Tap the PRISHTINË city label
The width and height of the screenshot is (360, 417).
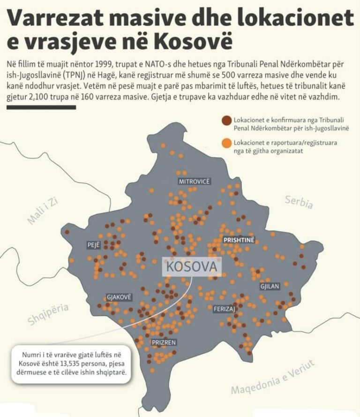(x=239, y=240)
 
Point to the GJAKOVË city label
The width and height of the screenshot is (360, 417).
(x=119, y=297)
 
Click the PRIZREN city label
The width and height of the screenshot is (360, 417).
(x=164, y=342)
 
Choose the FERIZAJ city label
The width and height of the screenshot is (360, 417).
(x=224, y=309)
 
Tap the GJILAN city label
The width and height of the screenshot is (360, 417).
(x=270, y=286)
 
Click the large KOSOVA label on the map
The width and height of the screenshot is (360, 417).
(x=192, y=267)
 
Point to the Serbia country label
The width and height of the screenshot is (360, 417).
(x=299, y=202)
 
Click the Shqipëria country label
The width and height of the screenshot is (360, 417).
(x=48, y=314)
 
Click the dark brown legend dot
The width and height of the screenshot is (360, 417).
(x=227, y=121)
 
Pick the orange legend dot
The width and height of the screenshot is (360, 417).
(x=227, y=142)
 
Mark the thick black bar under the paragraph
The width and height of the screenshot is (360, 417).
(x=41, y=107)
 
